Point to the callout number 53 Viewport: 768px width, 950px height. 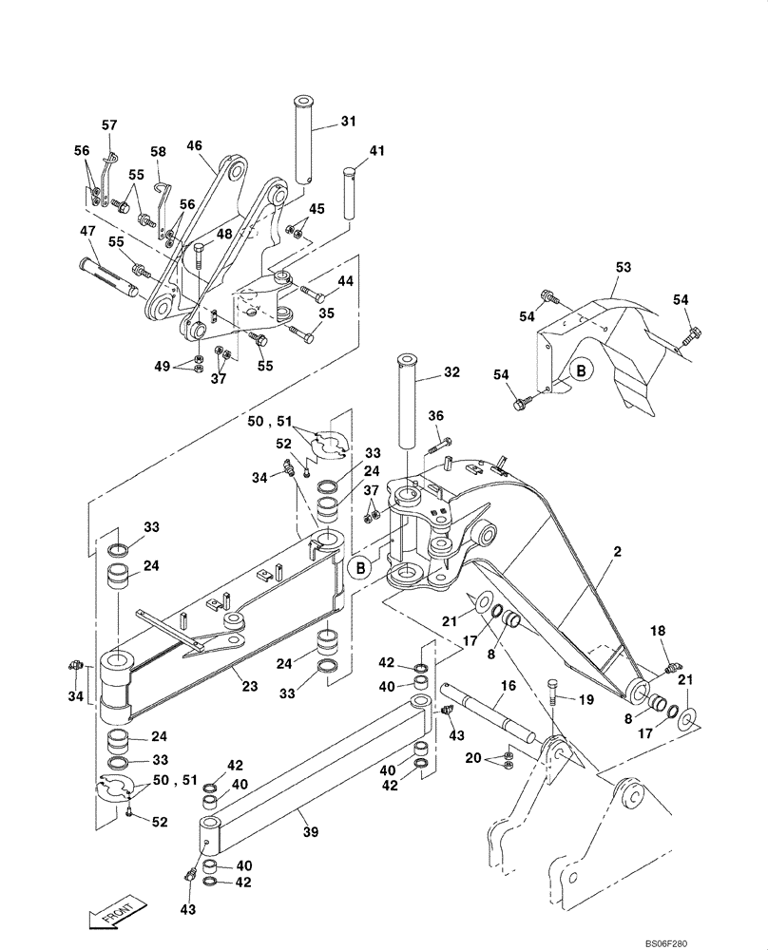click(622, 269)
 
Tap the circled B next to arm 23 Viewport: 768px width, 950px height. click(360, 569)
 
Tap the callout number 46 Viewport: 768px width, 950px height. click(194, 145)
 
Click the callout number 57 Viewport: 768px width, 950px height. click(109, 124)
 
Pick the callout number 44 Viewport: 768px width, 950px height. click(345, 281)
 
